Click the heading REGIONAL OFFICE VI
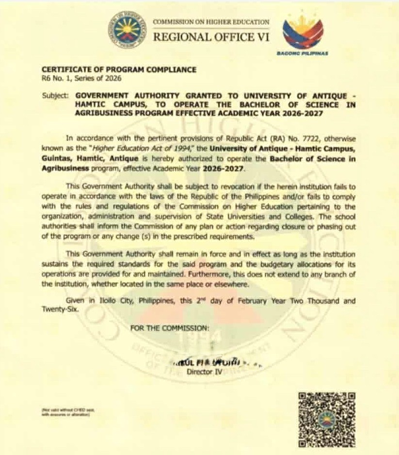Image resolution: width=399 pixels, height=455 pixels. [211, 37]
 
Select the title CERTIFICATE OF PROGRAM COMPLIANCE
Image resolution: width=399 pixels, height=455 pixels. [119, 70]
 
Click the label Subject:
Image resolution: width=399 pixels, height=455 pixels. [55, 96]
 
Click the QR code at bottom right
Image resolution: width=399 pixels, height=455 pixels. [327, 420]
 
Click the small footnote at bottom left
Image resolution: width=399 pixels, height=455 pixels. [68, 412]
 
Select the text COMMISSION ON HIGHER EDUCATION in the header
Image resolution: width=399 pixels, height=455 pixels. [211, 22]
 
